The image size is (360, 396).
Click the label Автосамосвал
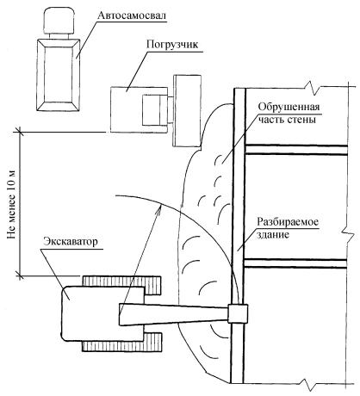tap(132, 15)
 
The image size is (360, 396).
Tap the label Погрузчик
tap(172, 45)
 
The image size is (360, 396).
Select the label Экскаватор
tap(71, 241)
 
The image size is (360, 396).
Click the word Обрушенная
tap(289, 107)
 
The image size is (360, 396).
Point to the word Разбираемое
tap(288, 222)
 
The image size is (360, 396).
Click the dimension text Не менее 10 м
tap(11, 206)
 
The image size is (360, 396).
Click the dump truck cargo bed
tap(59, 75)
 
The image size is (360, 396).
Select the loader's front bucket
tap(187, 111)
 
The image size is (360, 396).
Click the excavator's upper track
tap(121, 285)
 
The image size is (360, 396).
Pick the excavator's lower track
tap(121, 342)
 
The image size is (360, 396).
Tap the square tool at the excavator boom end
tap(238, 313)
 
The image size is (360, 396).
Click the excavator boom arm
tap(174, 314)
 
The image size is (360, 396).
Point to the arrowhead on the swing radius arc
tap(158, 208)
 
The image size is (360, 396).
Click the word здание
tap(272, 235)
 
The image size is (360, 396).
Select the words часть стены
tap(287, 119)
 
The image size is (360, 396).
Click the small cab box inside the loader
tap(155, 110)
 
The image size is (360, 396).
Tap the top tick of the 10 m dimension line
tap(20, 132)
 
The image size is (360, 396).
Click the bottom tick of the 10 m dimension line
tap(20, 275)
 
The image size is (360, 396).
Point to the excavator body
tap(102, 313)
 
